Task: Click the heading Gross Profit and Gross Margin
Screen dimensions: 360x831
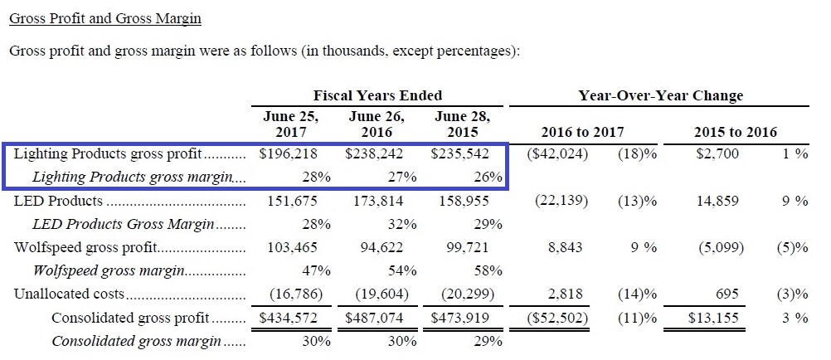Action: [x=104, y=18]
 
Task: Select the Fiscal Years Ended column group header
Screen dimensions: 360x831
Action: [x=377, y=95]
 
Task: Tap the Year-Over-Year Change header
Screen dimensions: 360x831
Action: [x=660, y=95]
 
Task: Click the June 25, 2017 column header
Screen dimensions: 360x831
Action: [x=289, y=124]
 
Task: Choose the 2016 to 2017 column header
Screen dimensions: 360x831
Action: [x=582, y=132]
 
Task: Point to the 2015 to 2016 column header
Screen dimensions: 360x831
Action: [x=736, y=132]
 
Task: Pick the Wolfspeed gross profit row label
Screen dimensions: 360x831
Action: [x=85, y=247]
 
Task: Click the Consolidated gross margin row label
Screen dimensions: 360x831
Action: [x=137, y=341]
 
